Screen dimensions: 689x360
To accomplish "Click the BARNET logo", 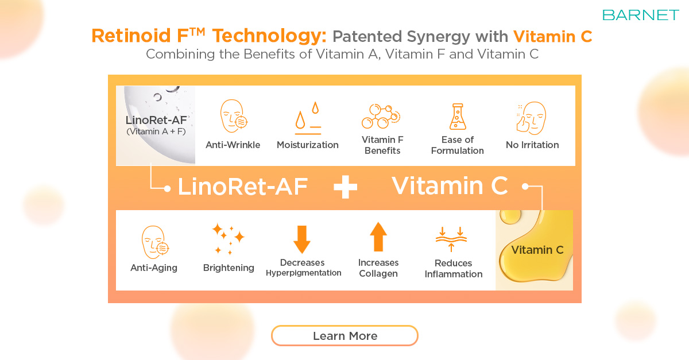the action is [640, 15].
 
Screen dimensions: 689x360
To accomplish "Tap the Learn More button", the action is [344, 336].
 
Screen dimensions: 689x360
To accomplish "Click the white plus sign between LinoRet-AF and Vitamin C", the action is [346, 187].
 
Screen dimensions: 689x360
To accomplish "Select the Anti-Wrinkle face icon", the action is [234, 116].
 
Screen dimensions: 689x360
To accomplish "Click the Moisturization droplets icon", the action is [308, 118].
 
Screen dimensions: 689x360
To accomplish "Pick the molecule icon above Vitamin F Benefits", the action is [381, 116].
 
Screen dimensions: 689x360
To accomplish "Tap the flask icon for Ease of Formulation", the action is [458, 117].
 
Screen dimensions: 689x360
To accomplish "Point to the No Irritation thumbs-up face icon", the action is [531, 118].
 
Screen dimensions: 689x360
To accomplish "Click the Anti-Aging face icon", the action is [155, 242].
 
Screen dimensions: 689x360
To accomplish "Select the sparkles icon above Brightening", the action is [229, 239].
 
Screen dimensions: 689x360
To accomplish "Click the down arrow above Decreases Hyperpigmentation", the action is [302, 239].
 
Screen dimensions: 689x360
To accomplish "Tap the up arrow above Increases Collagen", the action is [378, 237].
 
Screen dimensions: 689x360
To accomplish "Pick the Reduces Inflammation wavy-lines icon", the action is [451, 239].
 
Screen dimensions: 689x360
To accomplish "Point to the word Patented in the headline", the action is [367, 36].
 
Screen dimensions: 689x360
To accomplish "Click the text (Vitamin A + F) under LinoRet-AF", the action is [156, 131].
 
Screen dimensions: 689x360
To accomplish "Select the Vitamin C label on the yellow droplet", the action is [537, 250].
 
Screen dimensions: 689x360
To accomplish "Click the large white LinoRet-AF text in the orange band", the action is [243, 187].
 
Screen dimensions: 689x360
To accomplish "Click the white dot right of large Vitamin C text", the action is [525, 186].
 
